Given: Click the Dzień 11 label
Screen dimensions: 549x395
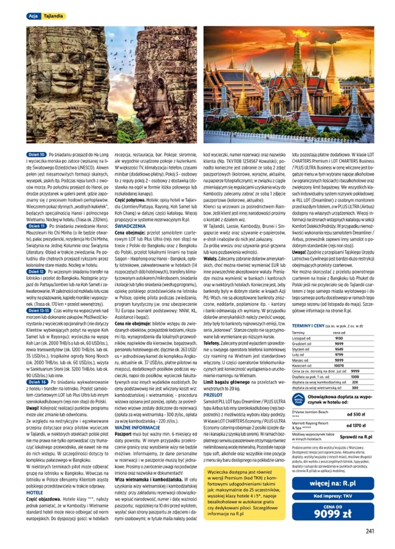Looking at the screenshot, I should [36, 226].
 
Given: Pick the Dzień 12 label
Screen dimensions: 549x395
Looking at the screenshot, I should [36, 272].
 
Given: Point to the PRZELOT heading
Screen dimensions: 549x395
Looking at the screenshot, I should [212, 395].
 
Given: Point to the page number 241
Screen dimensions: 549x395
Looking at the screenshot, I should [370, 532].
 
